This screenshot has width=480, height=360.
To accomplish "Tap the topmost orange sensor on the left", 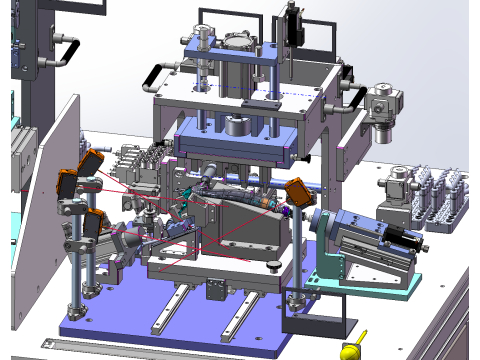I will click(91, 161).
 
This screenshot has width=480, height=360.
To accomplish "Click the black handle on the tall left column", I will click(67, 48).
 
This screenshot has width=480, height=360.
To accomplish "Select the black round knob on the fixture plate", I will click(272, 265).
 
